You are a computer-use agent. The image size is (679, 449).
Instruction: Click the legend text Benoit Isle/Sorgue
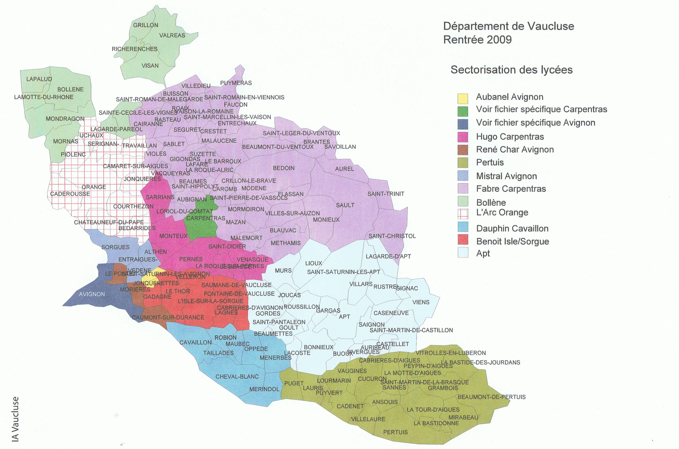(512, 241)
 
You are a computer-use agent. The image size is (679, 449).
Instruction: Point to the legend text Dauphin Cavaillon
(512, 228)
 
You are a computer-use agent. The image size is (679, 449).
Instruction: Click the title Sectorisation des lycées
(511, 70)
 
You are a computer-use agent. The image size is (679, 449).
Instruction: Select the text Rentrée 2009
(477, 40)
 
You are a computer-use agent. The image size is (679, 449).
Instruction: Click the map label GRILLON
(145, 25)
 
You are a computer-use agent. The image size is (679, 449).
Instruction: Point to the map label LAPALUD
(39, 79)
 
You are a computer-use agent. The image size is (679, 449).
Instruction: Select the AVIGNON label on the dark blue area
(92, 294)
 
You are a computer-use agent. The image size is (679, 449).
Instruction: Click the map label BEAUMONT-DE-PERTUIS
(491, 397)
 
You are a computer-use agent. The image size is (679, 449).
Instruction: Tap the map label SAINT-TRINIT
(386, 194)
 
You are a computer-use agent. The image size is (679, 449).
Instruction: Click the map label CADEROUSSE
(70, 194)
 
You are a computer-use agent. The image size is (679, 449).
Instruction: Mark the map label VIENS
(421, 302)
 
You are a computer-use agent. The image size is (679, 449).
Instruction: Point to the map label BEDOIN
(283, 168)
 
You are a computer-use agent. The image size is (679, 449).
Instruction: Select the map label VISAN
(150, 66)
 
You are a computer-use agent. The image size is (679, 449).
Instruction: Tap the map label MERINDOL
(264, 389)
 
